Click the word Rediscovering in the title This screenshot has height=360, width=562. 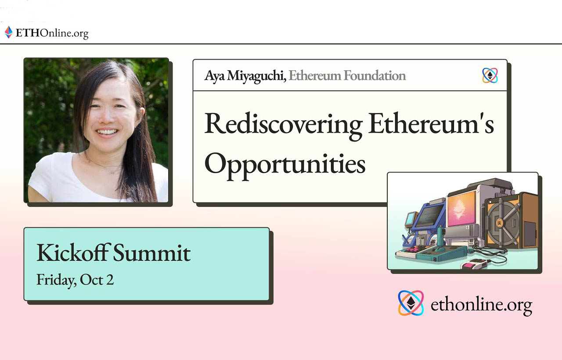click(283, 124)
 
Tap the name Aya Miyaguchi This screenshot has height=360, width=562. click(245, 76)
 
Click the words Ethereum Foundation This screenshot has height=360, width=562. click(347, 76)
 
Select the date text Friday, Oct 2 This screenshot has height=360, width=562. click(75, 280)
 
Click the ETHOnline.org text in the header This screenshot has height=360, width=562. click(52, 33)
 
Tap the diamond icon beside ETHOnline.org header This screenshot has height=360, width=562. click(8, 32)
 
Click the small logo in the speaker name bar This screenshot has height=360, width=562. click(490, 76)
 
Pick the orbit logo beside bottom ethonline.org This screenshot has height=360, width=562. click(411, 303)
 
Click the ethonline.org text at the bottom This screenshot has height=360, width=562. click(481, 304)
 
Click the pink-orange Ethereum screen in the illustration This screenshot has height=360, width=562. click(461, 208)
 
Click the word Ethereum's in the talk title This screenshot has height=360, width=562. click(431, 124)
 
